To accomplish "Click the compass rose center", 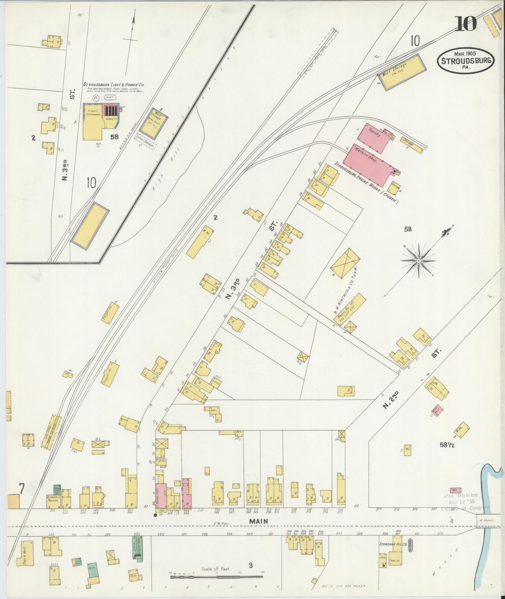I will click(x=418, y=261).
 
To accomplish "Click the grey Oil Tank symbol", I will click(x=411, y=546).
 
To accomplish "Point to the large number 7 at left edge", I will click(x=21, y=498).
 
